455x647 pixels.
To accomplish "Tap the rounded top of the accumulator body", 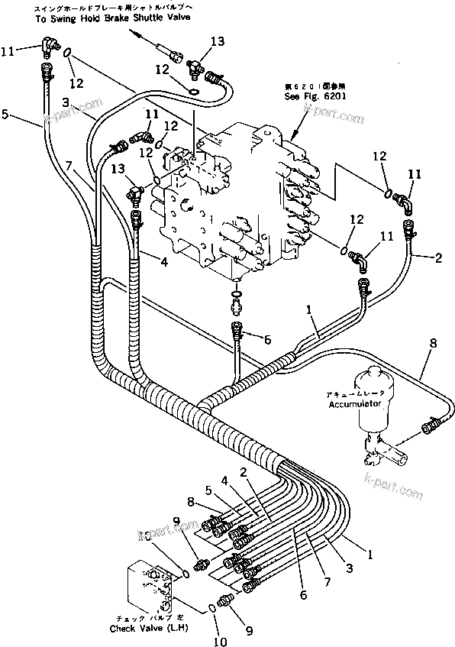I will click(373, 375).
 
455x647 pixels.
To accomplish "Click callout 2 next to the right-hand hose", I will click(438, 259).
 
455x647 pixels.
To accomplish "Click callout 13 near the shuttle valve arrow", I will click(218, 41).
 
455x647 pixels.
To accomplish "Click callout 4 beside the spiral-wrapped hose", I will click(164, 265).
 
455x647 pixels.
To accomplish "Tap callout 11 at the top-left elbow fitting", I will click(8, 51).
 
